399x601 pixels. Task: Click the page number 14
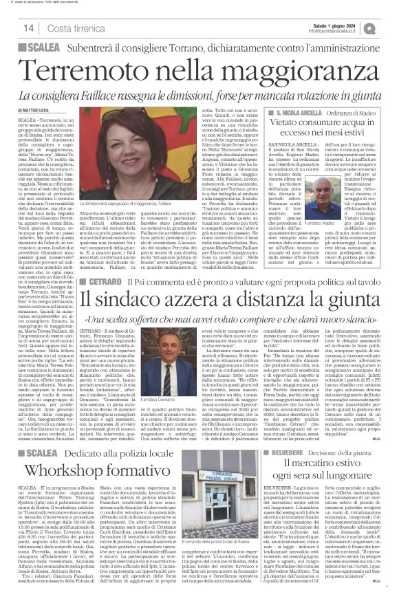point(29,28)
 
